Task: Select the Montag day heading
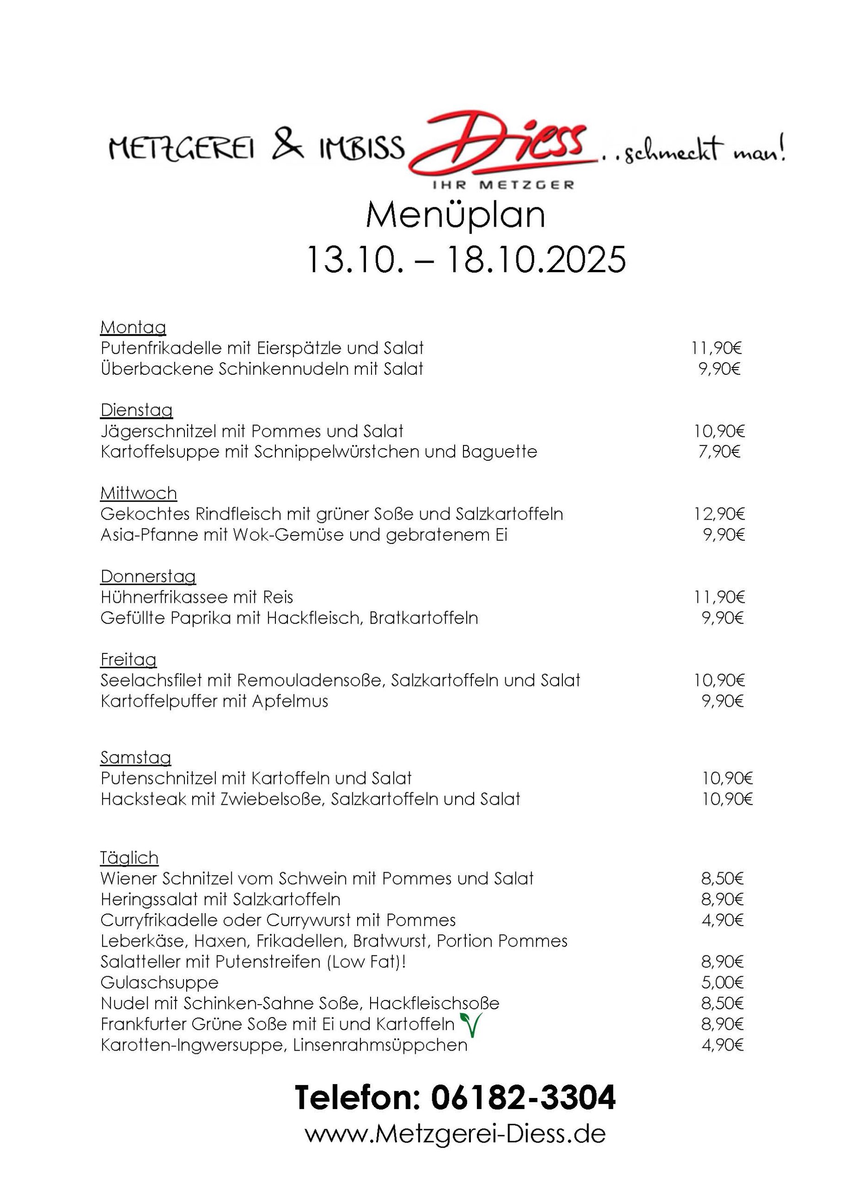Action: coord(133,327)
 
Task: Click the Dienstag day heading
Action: coord(136,410)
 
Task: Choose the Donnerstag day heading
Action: coord(148,576)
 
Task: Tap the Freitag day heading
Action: coord(129,659)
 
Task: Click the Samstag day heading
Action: coord(136,758)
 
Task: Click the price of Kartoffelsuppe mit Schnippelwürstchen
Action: coord(719,451)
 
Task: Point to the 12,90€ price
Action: coord(719,514)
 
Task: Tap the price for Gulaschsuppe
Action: coord(723,982)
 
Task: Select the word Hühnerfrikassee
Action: coord(163,597)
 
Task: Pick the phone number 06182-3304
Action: coord(522,1098)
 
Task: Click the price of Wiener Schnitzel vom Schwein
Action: coord(723,878)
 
